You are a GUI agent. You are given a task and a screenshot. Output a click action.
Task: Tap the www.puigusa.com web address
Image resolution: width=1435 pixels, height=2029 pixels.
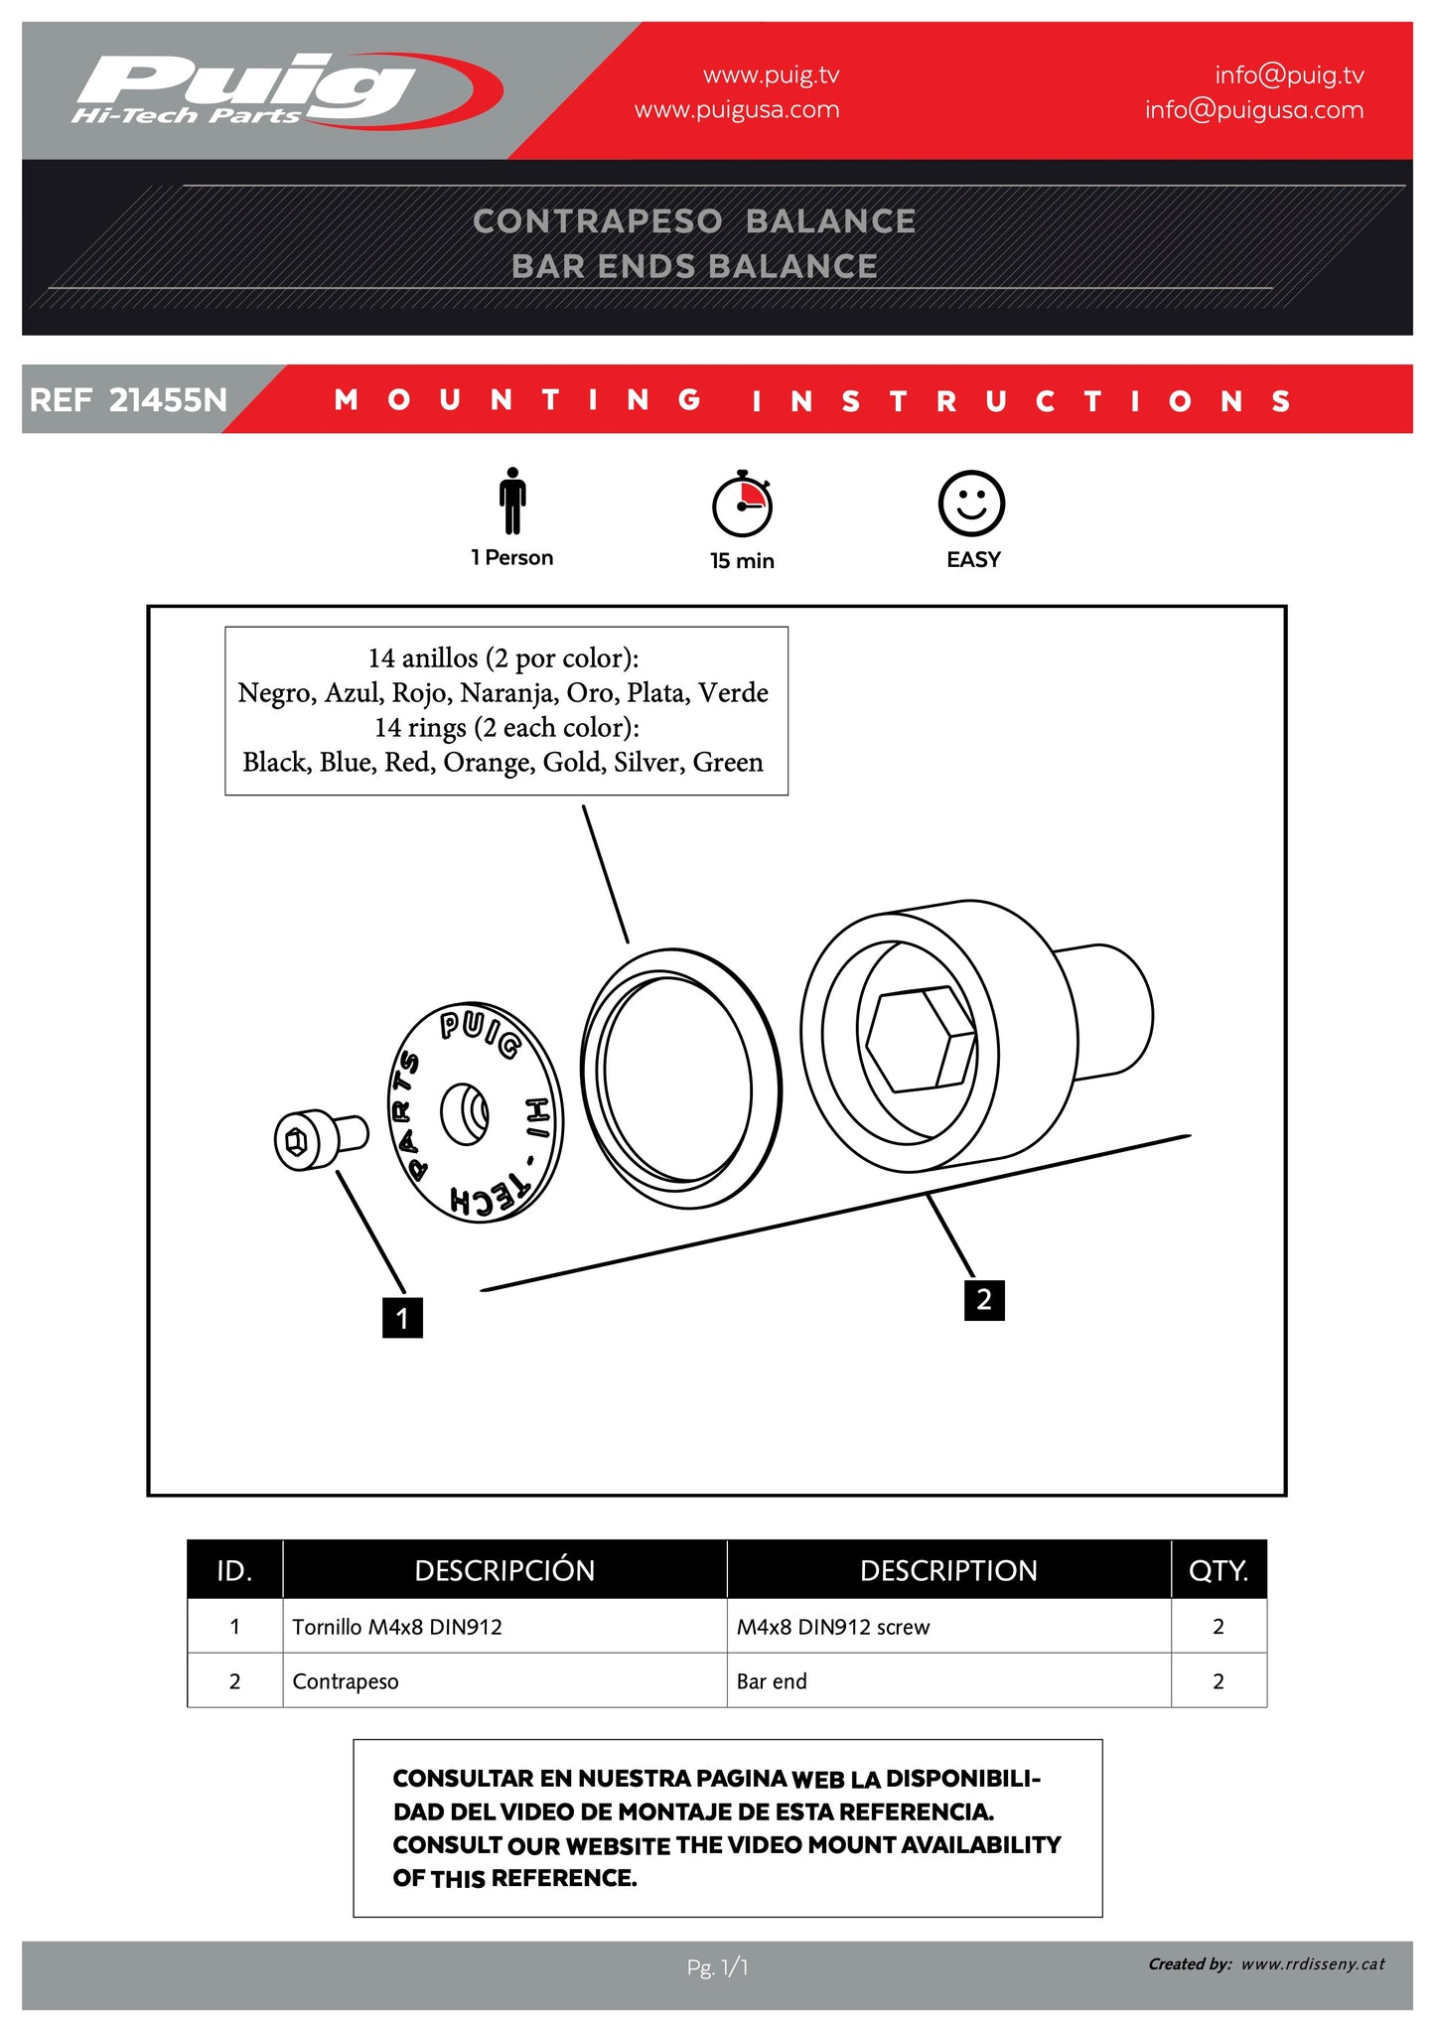[736, 110]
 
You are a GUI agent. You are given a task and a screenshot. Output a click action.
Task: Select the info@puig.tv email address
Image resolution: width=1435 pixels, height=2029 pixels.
[1288, 75]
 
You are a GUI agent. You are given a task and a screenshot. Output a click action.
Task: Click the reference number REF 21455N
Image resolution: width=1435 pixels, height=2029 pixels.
[129, 400]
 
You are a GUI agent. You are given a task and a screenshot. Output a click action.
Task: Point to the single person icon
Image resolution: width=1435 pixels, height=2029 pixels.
[512, 501]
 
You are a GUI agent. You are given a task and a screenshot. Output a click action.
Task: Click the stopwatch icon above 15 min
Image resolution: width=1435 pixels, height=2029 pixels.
[742, 505]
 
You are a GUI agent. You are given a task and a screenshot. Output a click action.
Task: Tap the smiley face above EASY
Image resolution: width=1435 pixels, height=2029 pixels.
[971, 504]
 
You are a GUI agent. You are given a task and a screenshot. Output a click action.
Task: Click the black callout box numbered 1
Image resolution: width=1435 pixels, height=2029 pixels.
[402, 1318]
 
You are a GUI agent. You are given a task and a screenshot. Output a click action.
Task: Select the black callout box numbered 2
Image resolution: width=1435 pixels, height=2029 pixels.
[983, 1300]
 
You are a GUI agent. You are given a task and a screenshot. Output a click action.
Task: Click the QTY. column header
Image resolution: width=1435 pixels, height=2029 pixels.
[1218, 1570]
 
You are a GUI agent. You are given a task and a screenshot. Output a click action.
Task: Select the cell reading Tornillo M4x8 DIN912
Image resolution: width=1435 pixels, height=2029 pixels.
[397, 1627]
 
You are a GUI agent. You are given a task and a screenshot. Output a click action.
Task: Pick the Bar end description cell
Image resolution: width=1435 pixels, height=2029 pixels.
[772, 1681]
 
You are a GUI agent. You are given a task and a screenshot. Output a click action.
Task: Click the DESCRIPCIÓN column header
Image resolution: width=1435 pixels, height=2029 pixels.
[504, 1570]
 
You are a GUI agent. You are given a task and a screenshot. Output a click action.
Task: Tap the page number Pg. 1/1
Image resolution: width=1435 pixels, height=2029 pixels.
[717, 1966]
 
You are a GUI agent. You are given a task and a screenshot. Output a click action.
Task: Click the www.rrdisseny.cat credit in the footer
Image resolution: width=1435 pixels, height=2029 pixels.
[1312, 1963]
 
